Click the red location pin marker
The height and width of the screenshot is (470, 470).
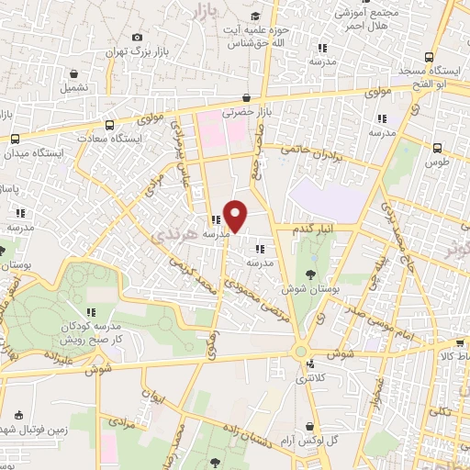pos(236,215)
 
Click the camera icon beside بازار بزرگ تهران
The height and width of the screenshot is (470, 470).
pos(138,37)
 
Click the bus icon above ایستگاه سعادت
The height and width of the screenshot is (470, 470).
pos(110,124)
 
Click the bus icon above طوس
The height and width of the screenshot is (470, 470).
pos(437,146)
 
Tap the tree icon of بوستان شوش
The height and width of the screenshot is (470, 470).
pos(311,274)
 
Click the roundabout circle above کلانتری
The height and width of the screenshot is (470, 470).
pos(300,351)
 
